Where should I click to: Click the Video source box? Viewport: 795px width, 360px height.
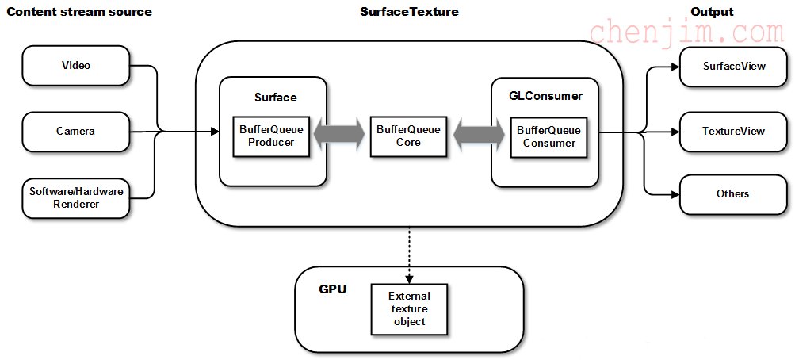pyautogui.click(x=76, y=65)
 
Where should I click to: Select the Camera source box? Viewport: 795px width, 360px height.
pyautogui.click(x=76, y=132)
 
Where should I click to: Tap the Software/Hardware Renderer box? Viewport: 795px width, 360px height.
pyautogui.click(x=76, y=197)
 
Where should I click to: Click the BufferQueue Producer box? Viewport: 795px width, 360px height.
pyautogui.click(x=271, y=136)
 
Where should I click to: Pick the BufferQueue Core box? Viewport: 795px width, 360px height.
pyautogui.click(x=409, y=136)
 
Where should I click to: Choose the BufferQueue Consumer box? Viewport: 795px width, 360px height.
pyautogui.click(x=549, y=137)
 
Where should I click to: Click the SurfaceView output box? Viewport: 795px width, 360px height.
pyautogui.click(x=733, y=67)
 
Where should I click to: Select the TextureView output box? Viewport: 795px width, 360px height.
pyautogui.click(x=733, y=132)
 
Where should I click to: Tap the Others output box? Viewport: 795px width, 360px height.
pyautogui.click(x=733, y=194)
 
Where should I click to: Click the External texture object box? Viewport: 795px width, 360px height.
pyautogui.click(x=410, y=308)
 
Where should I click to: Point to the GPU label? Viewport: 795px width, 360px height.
pyautogui.click(x=333, y=289)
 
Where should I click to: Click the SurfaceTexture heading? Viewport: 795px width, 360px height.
pyautogui.click(x=409, y=12)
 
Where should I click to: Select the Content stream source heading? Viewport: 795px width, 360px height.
pyautogui.click(x=79, y=12)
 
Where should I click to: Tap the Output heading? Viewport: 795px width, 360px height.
pyautogui.click(x=713, y=12)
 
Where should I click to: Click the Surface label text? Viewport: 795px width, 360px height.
pyautogui.click(x=275, y=98)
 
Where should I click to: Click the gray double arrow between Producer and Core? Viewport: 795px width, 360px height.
pyautogui.click(x=340, y=134)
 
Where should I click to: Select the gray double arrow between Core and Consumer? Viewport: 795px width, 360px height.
pyautogui.click(x=479, y=134)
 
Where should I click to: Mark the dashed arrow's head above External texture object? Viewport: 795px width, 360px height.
pyautogui.click(x=409, y=279)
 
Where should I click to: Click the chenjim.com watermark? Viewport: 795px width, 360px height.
pyautogui.click(x=686, y=32)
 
